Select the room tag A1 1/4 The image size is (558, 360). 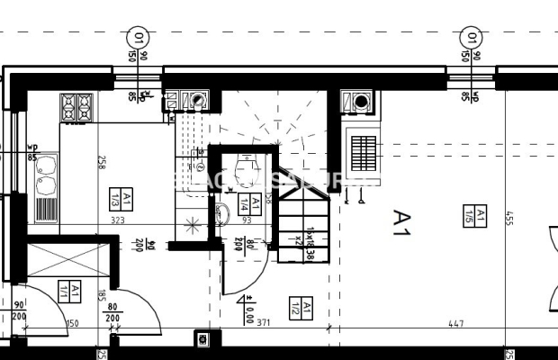(256, 202)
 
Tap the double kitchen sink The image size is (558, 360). (45, 176)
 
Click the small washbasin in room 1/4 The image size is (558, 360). (221, 214)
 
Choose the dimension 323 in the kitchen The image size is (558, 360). (117, 219)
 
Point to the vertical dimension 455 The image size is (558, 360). (508, 220)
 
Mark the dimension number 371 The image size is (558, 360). (263, 322)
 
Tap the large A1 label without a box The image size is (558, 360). (401, 222)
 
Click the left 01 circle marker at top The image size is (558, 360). (139, 38)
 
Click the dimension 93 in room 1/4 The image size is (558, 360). (247, 219)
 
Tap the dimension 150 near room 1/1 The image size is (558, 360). (73, 323)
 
